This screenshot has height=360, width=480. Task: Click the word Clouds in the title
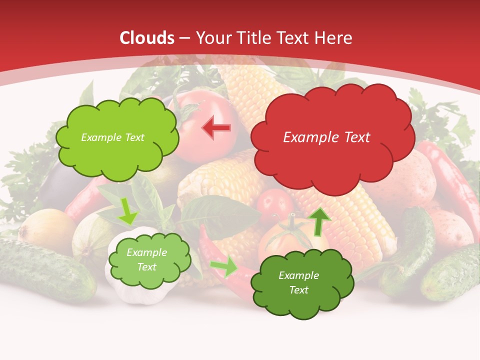click(147, 38)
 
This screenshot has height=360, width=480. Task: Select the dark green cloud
click(302, 283)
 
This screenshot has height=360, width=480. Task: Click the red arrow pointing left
click(216, 128)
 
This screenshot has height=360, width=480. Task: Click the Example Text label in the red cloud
click(326, 137)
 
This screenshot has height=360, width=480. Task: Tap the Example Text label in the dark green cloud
click(298, 282)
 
